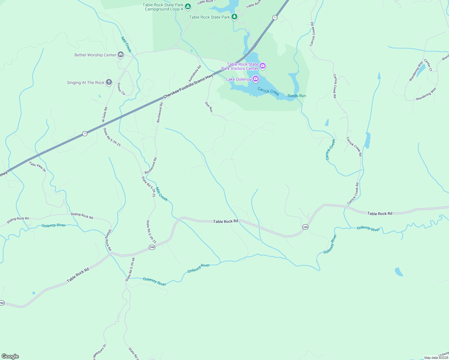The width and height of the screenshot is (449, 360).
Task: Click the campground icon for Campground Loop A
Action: click(188, 6)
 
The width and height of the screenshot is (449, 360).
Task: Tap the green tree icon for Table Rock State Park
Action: click(234, 17)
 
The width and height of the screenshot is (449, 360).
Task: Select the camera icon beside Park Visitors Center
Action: click(263, 66)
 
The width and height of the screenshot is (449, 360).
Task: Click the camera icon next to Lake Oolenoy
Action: click(256, 79)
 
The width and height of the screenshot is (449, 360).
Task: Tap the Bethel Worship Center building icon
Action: click(121, 55)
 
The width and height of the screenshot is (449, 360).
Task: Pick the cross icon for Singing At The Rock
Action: click(109, 82)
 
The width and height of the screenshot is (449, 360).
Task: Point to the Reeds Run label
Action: click(297, 96)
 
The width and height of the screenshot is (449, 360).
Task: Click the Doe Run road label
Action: click(209, 107)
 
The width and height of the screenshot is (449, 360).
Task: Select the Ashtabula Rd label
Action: click(195, 73)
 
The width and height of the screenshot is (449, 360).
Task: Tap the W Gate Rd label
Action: click(104, 115)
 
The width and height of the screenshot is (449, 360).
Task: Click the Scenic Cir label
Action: click(121, 89)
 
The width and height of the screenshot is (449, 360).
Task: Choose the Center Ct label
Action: click(428, 65)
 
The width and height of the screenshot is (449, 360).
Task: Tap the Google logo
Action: click(10, 356)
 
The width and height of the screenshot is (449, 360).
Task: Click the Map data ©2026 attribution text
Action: click(436, 358)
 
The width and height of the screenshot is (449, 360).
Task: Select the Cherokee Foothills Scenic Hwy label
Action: click(188, 86)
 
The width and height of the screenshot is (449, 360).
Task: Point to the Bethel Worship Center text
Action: click(95, 55)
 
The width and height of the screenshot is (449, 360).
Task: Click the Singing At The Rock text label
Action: click(86, 82)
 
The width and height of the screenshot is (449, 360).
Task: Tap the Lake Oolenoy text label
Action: click(239, 79)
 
